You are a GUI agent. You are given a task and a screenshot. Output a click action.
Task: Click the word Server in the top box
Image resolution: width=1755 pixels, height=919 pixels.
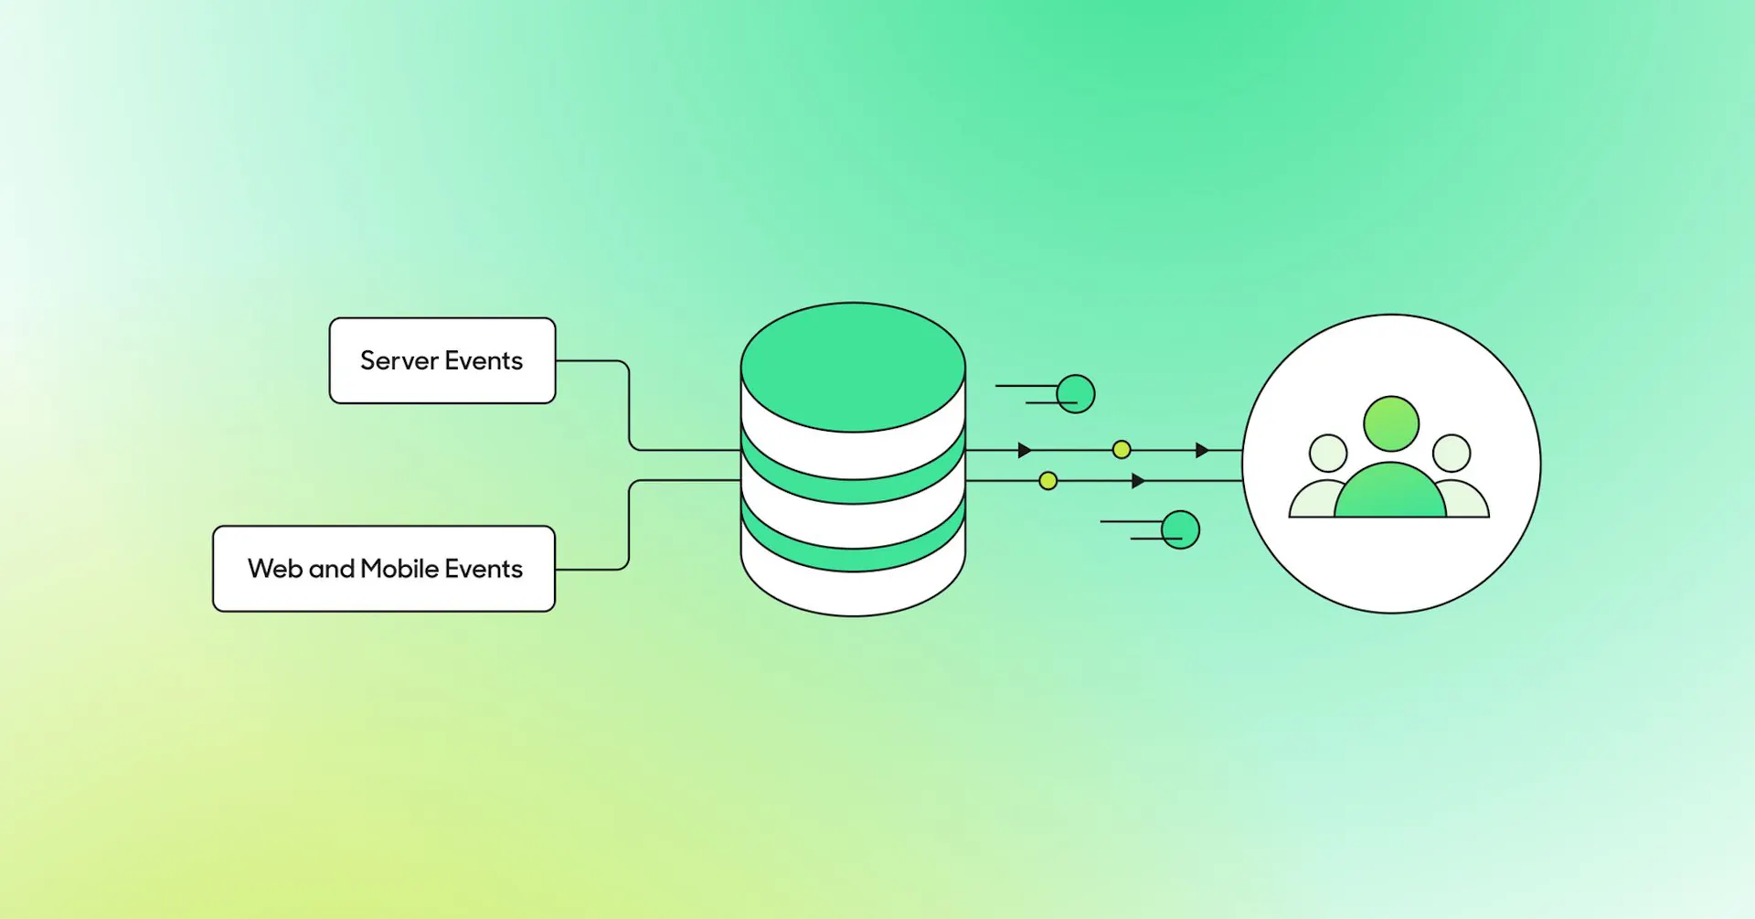(x=399, y=361)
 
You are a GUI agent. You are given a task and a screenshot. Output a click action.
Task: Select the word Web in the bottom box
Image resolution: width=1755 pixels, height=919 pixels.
(x=275, y=569)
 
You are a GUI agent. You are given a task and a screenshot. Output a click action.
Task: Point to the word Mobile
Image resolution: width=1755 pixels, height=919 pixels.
(x=399, y=569)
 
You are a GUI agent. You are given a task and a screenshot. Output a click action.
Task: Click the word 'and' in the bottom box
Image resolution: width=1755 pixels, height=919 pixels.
(x=332, y=569)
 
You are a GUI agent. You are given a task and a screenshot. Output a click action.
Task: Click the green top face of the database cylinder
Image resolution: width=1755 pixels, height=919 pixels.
(x=853, y=366)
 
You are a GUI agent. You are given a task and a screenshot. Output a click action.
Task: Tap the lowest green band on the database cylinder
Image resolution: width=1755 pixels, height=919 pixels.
(x=853, y=552)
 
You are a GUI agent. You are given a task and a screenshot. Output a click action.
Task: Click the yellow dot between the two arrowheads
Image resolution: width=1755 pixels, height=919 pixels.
(x=1122, y=450)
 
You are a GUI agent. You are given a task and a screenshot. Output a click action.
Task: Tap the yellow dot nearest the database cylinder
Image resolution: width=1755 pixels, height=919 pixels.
(x=1048, y=481)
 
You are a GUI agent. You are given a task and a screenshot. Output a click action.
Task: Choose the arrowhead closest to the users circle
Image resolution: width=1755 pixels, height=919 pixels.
(x=1202, y=450)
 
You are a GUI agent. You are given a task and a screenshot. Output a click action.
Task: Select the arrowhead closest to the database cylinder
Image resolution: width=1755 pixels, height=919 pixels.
(x=1025, y=450)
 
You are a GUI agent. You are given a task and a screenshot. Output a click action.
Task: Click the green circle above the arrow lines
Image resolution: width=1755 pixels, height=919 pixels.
(x=1076, y=394)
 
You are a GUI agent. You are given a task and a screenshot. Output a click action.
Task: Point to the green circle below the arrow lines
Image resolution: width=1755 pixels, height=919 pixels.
(x=1180, y=529)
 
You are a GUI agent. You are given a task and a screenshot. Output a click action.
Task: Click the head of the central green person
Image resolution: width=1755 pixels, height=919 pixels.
(x=1391, y=423)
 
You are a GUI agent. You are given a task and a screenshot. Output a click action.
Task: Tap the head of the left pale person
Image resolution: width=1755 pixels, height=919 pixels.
(x=1328, y=453)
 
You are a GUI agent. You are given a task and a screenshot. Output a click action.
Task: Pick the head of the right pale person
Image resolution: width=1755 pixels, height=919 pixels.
(x=1452, y=453)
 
